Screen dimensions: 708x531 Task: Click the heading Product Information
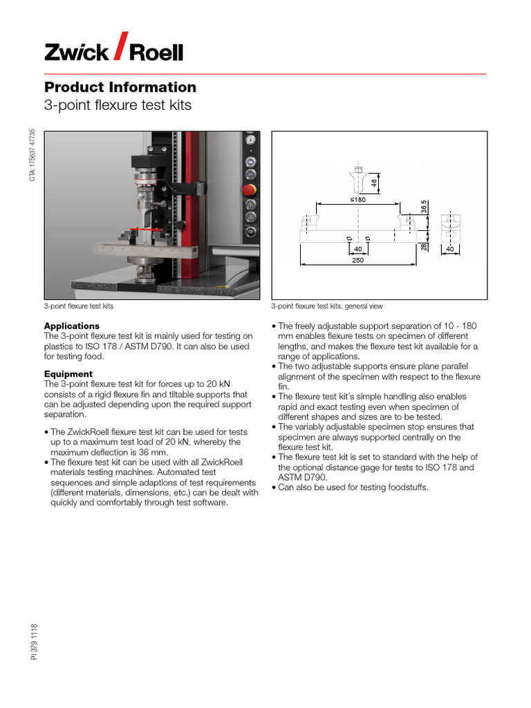tap(120, 87)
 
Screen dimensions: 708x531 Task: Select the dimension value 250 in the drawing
tap(357, 261)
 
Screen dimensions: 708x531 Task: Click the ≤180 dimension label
tap(357, 199)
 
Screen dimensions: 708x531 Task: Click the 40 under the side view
tap(449, 248)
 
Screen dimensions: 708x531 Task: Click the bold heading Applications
tap(72, 326)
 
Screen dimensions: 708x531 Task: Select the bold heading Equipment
tap(68, 374)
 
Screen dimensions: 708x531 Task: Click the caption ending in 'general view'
tap(326, 306)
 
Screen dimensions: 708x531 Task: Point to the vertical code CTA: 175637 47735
tap(31, 156)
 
